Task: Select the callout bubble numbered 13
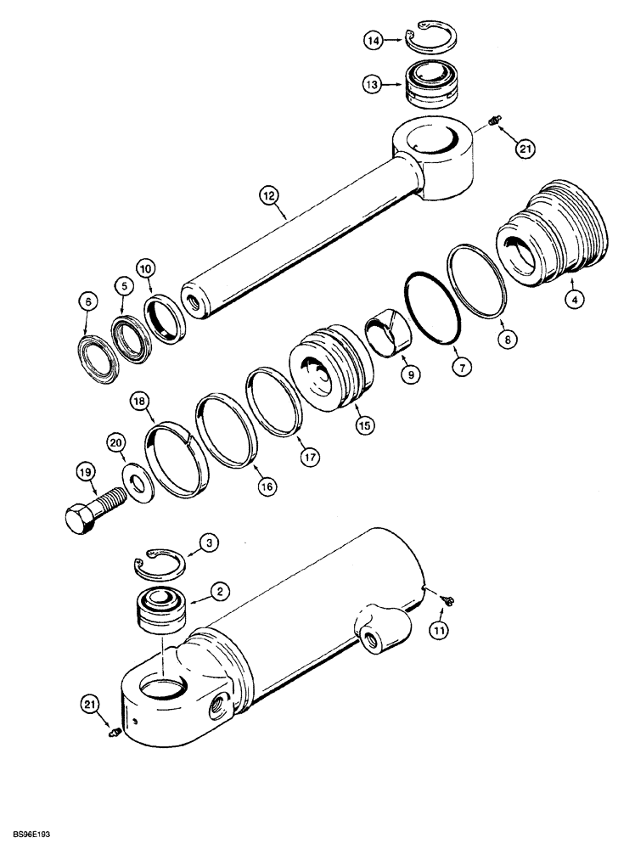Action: [x=372, y=84]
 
